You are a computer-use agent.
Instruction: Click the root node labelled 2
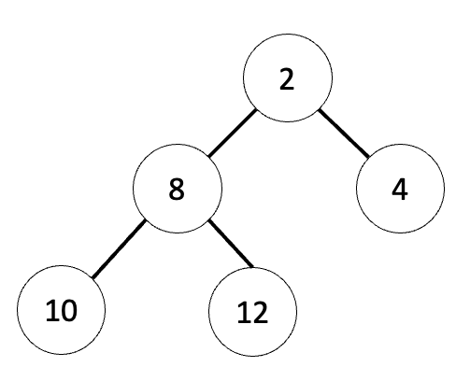click(x=288, y=78)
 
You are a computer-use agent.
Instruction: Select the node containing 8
click(x=178, y=189)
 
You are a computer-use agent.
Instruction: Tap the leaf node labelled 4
click(x=400, y=189)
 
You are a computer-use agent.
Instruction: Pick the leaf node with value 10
click(x=61, y=310)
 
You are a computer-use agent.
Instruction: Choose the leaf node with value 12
click(x=252, y=312)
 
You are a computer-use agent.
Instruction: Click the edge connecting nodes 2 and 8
click(x=233, y=134)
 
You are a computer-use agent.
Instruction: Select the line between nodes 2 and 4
click(x=344, y=133)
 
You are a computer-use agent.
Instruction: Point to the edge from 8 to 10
click(x=119, y=248)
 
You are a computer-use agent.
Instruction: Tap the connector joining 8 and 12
click(x=231, y=244)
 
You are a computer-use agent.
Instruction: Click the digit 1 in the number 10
click(x=50, y=310)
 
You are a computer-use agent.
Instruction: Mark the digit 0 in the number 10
click(x=68, y=311)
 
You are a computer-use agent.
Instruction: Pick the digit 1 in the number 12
click(x=243, y=313)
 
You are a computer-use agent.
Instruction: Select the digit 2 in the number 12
click(x=260, y=313)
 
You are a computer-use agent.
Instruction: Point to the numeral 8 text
click(x=177, y=189)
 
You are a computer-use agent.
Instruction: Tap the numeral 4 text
click(x=400, y=189)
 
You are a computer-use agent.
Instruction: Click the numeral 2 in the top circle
click(x=287, y=79)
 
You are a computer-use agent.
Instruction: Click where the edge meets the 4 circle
click(x=369, y=156)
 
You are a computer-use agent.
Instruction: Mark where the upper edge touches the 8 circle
click(x=208, y=156)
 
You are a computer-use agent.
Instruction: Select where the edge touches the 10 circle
click(x=93, y=277)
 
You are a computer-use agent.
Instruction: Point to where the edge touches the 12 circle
click(x=252, y=267)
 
